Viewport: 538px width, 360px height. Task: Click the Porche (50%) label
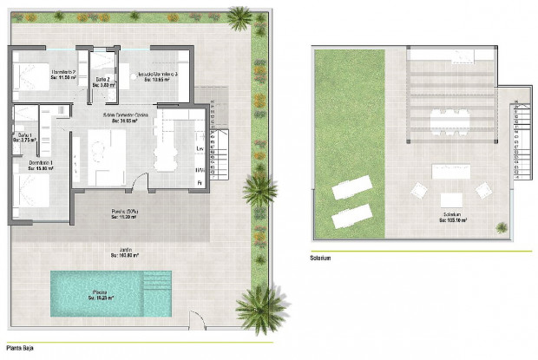coord(126,213)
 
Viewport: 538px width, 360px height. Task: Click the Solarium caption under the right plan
coord(321,258)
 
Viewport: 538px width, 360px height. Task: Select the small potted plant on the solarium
coord(502,227)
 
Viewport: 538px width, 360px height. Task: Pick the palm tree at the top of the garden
coord(239,15)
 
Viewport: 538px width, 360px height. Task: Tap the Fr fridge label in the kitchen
coord(199,184)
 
